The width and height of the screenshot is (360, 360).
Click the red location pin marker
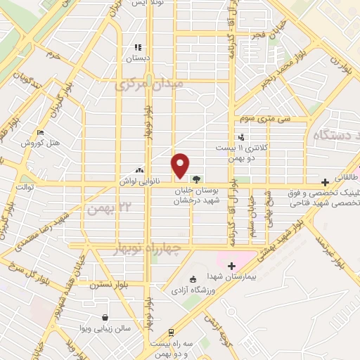point(181,165)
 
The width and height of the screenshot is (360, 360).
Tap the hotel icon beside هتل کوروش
point(40,133)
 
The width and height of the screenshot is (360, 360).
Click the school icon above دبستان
point(139,49)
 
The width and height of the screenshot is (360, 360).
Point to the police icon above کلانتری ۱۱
point(241,138)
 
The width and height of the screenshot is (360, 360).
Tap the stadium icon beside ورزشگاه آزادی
point(193,280)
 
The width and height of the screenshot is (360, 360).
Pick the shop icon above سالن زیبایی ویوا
point(105,318)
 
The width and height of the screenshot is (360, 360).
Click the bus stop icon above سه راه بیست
point(171,333)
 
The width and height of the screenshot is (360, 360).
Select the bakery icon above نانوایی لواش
point(139,169)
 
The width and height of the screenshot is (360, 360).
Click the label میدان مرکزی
point(153,84)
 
